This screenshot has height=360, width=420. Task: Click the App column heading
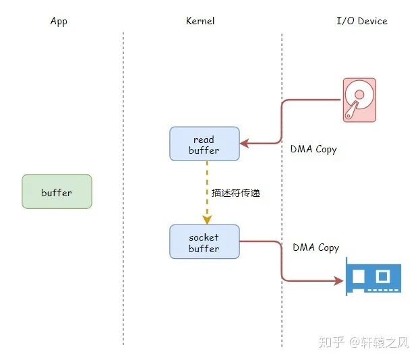[59, 21]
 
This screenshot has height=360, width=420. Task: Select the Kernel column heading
[200, 21]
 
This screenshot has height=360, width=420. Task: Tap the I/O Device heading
[362, 21]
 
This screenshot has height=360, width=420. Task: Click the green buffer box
[57, 192]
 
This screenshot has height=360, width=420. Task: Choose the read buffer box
[204, 144]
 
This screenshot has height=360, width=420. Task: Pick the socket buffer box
[204, 242]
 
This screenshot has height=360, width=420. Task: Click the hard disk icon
[359, 100]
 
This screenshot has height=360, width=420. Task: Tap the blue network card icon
[373, 276]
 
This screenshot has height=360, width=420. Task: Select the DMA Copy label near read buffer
[313, 149]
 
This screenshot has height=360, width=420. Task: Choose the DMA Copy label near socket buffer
[316, 247]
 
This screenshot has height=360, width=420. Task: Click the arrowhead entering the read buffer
[245, 144]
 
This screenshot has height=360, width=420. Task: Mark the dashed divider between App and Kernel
[123, 189]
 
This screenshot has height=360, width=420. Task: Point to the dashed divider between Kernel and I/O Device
[282, 189]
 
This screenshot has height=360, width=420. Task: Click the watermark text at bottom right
[368, 342]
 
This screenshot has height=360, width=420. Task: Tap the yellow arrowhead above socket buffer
[207, 219]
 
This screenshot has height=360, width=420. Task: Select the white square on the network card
[383, 276]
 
